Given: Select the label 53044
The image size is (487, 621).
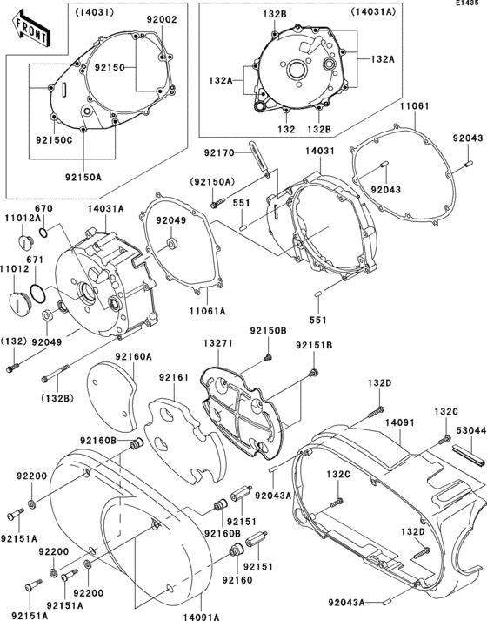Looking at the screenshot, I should click(469, 429).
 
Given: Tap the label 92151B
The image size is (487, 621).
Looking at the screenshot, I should click(312, 346).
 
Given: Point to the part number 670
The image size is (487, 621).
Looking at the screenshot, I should click(44, 208).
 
